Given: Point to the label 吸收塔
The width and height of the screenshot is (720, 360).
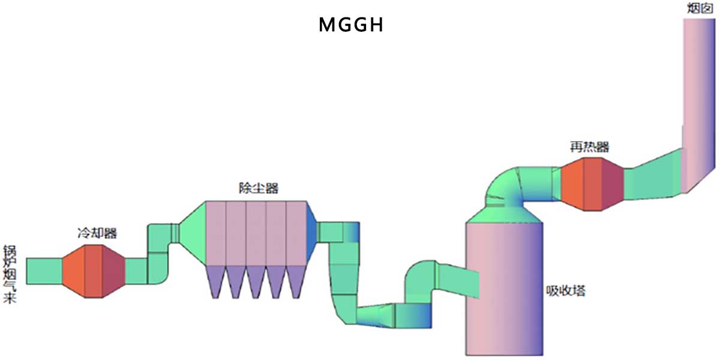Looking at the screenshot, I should point(565,292).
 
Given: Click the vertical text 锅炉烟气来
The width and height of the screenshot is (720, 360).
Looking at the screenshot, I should point(9,273).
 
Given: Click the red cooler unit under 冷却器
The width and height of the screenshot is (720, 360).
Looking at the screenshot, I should point(93,271).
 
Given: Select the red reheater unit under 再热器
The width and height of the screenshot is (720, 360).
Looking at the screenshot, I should point(591,184).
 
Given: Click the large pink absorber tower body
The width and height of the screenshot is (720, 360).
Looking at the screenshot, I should point(504,288).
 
